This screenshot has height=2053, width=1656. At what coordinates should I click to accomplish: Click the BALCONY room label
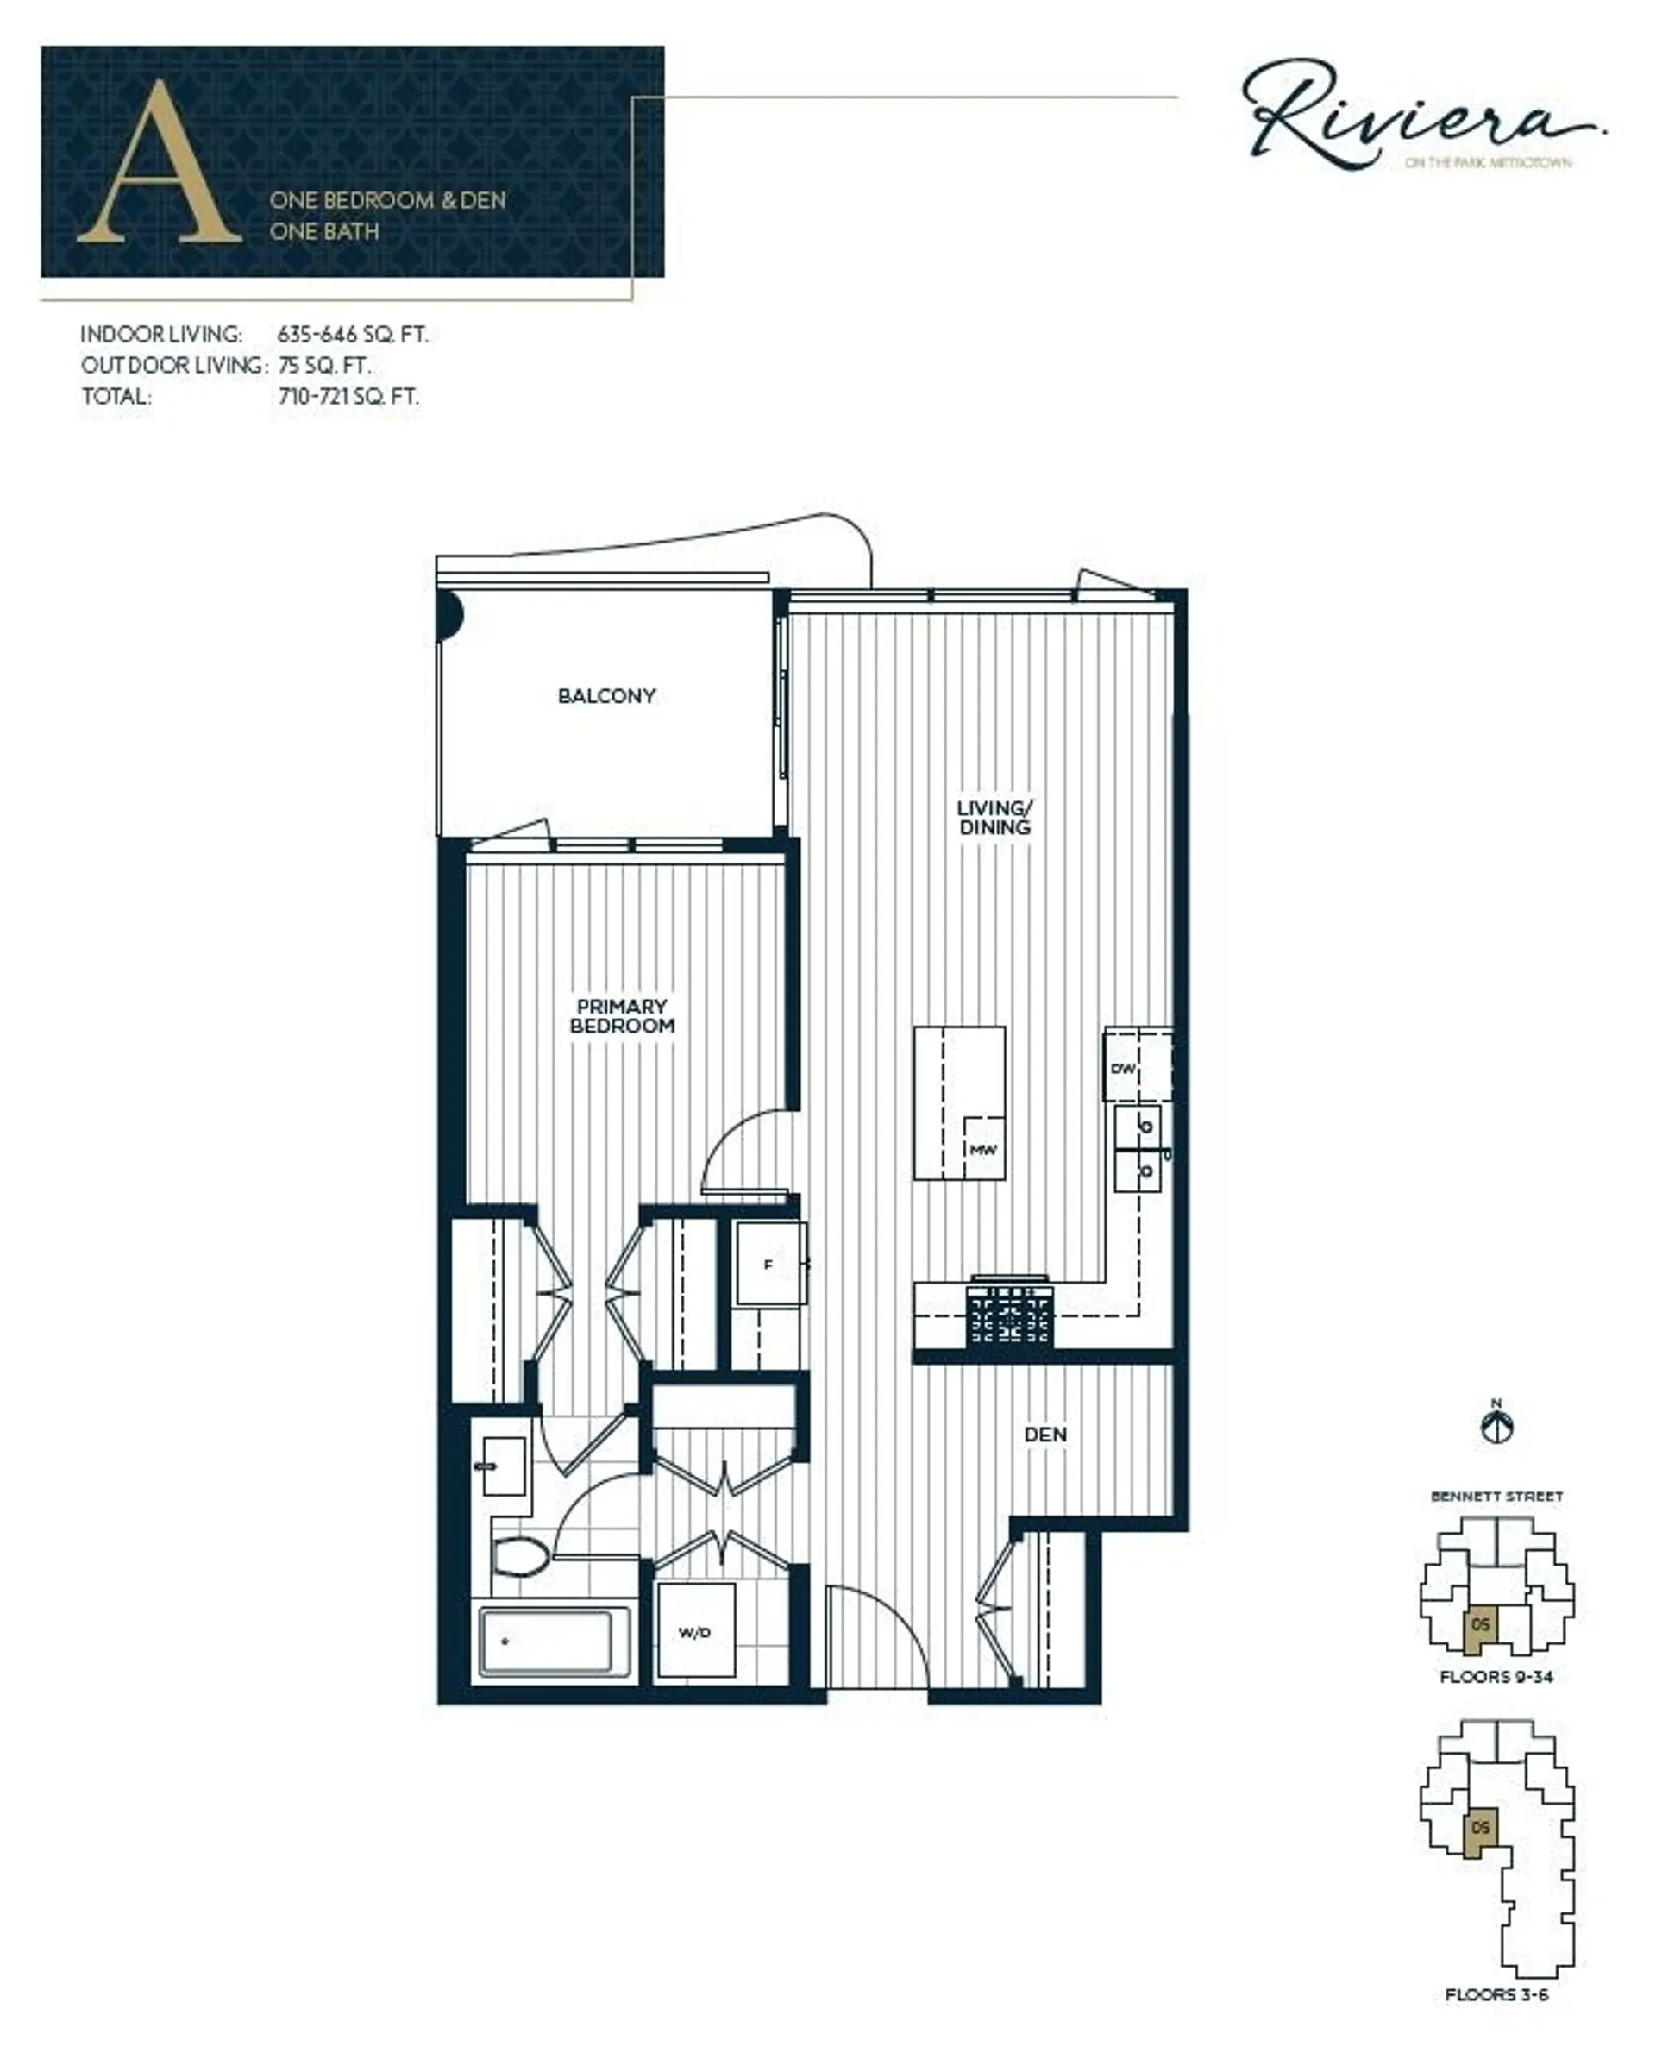coord(606,696)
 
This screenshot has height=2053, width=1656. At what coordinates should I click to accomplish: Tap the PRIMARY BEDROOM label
coord(622,1016)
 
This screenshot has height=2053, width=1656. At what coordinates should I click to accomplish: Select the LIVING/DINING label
coord(995,818)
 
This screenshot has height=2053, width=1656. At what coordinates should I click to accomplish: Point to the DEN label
coord(1045,1435)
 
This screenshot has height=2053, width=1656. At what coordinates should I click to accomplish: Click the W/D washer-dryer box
coord(695,1632)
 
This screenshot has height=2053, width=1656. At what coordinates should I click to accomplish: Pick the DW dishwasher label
coord(1123,1069)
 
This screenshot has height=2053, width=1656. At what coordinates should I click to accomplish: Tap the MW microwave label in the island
coord(982,1150)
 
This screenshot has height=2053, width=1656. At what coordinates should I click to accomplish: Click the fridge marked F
coord(768,1265)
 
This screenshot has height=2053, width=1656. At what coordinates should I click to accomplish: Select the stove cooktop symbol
coord(1010,1315)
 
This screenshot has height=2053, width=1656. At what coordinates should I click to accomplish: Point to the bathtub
coord(546,1642)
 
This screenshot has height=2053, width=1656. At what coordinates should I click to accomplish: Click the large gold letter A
coord(160,164)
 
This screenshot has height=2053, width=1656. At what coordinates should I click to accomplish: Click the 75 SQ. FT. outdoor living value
coord(325,366)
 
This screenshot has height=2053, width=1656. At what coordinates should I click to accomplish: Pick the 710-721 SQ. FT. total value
coord(348,397)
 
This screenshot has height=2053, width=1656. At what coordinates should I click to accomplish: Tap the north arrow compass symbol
coord(1496,1428)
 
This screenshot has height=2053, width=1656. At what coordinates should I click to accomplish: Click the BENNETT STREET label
coord(1496,1497)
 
